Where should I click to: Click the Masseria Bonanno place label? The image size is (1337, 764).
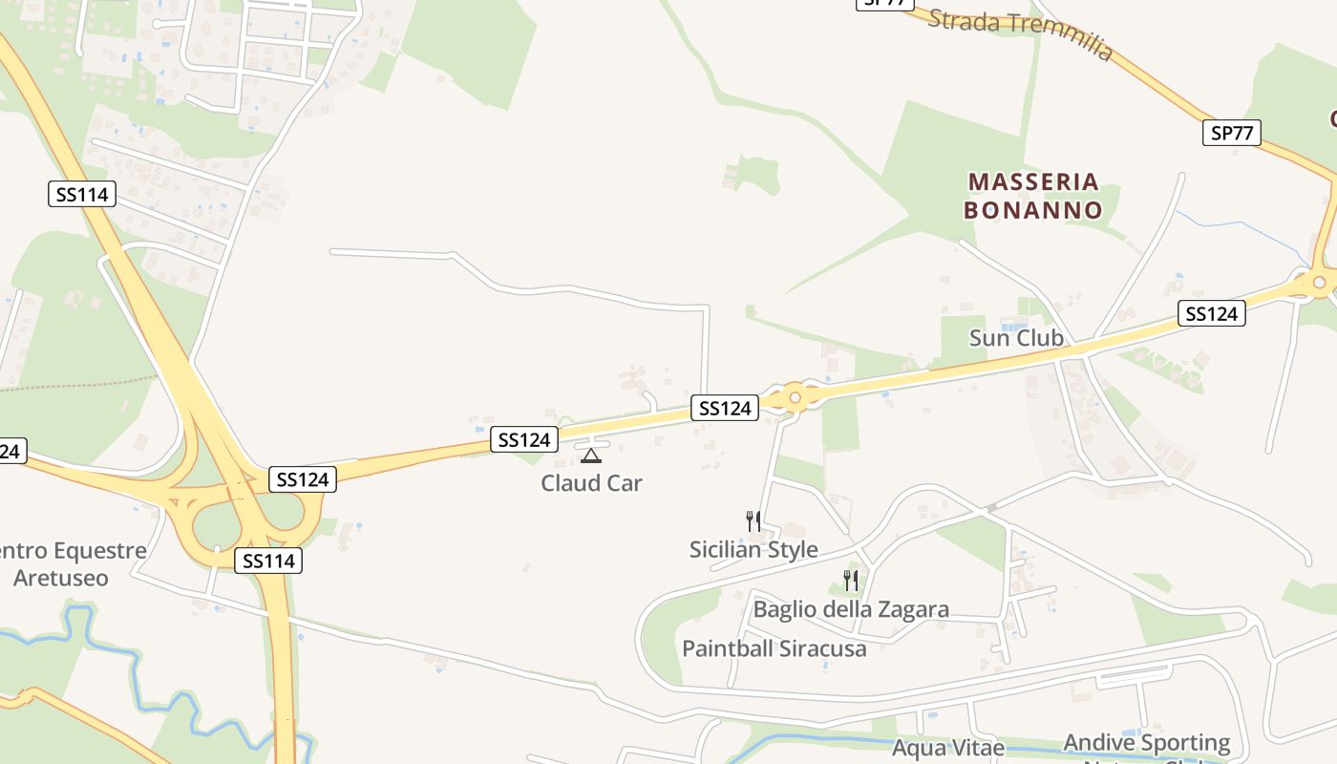point(1032,196)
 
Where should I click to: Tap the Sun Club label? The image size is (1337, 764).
point(1016,337)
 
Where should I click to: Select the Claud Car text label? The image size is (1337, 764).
point(591,483)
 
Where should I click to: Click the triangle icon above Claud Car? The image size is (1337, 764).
point(591,456)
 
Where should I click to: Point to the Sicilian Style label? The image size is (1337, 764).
point(753,550)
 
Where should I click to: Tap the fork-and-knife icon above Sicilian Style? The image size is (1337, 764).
point(753,521)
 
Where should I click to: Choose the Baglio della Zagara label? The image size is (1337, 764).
point(851,609)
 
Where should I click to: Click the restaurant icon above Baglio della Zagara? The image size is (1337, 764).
point(850,580)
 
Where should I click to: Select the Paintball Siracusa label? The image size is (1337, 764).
point(775,649)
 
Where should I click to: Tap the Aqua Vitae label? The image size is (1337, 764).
point(948,748)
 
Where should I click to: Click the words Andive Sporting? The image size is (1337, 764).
point(1147,743)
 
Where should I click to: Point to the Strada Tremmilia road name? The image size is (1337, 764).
point(1020,34)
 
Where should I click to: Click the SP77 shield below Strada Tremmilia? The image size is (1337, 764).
point(1231,133)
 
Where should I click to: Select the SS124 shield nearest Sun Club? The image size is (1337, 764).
point(1211,313)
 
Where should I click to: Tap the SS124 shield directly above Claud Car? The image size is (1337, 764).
point(523,439)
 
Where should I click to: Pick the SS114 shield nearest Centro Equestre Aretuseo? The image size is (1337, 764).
point(268,561)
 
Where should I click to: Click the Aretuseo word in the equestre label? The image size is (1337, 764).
point(61,578)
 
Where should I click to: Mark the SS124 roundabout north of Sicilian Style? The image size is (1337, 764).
point(795,397)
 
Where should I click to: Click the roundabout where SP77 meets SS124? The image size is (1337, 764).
point(1319,282)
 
